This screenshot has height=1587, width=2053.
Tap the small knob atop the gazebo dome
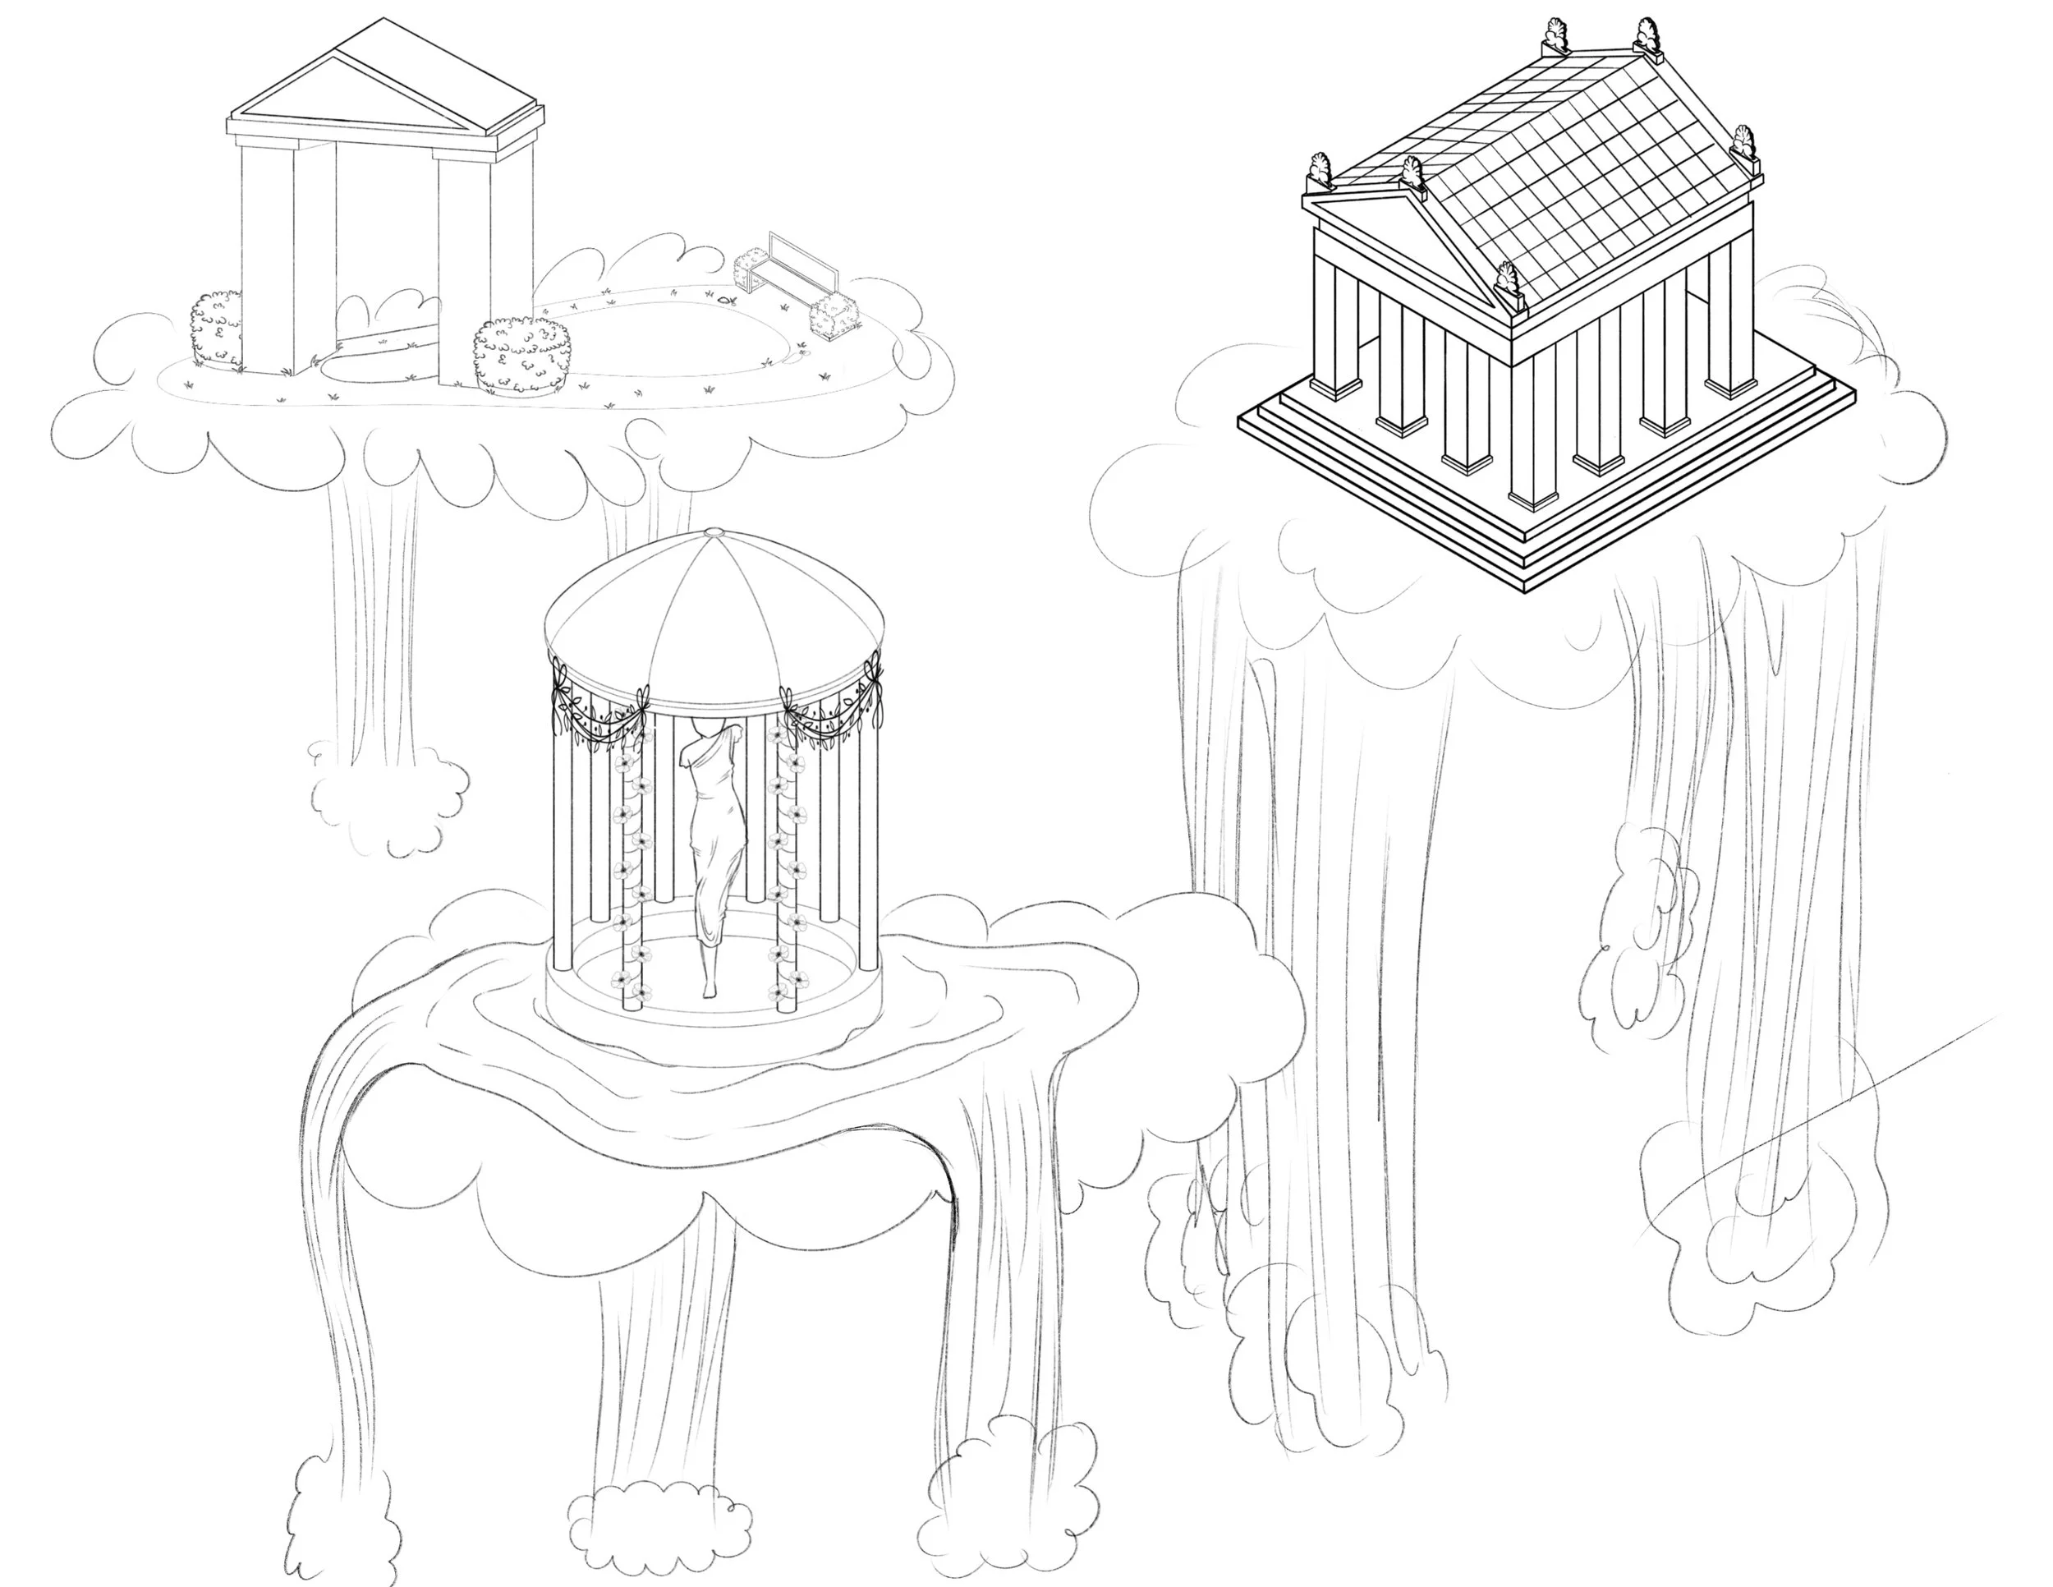click(713, 533)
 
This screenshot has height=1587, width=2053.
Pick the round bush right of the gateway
click(522, 356)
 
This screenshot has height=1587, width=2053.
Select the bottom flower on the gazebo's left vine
click(624, 981)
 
